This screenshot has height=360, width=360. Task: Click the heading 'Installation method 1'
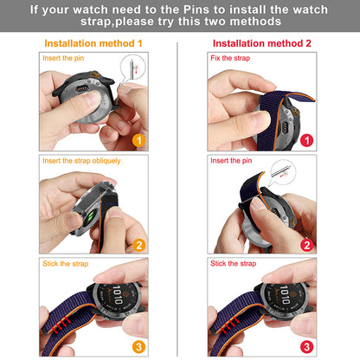pos(93,43)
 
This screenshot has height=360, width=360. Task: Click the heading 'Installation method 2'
pos(262,43)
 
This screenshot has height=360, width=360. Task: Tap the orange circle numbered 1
pos(139,140)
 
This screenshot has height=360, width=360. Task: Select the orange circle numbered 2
pos(139,245)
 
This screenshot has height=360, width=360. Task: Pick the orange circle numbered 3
pos(139,347)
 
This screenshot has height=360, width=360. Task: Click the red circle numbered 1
pos(306,140)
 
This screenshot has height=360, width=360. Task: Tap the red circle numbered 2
pos(306,245)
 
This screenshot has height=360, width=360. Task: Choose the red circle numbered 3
pos(306,347)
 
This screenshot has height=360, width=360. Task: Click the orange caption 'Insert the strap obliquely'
pos(81,161)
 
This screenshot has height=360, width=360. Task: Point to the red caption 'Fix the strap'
pos(230,58)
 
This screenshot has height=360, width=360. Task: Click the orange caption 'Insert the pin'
pos(63,58)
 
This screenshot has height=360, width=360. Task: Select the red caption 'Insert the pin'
pos(231,161)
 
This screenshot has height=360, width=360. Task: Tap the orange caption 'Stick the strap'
pos(66,264)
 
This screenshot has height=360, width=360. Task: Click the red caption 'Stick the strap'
pos(234,263)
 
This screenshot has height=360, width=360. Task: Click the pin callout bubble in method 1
pos(133,67)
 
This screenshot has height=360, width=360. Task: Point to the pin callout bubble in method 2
pos(283,172)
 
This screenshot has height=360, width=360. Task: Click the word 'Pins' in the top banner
pos(196,10)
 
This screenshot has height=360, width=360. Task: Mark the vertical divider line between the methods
pos(177,199)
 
